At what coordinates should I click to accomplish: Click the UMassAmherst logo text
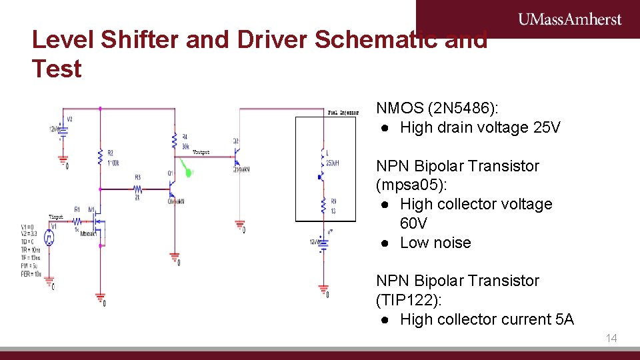pyautogui.click(x=570, y=19)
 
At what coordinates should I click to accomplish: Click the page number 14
pyautogui.click(x=611, y=339)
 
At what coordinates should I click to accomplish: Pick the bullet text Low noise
pyautogui.click(x=435, y=243)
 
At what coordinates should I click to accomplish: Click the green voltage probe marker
pyautogui.click(x=189, y=172)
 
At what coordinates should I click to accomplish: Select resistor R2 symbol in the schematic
pyautogui.click(x=100, y=157)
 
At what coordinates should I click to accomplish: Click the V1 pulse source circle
pyautogui.click(x=49, y=237)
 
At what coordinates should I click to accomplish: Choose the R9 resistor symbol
pyautogui.click(x=323, y=203)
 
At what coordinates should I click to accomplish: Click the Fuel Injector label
pyautogui.click(x=343, y=113)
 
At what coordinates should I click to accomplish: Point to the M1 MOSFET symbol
pyautogui.click(x=97, y=221)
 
